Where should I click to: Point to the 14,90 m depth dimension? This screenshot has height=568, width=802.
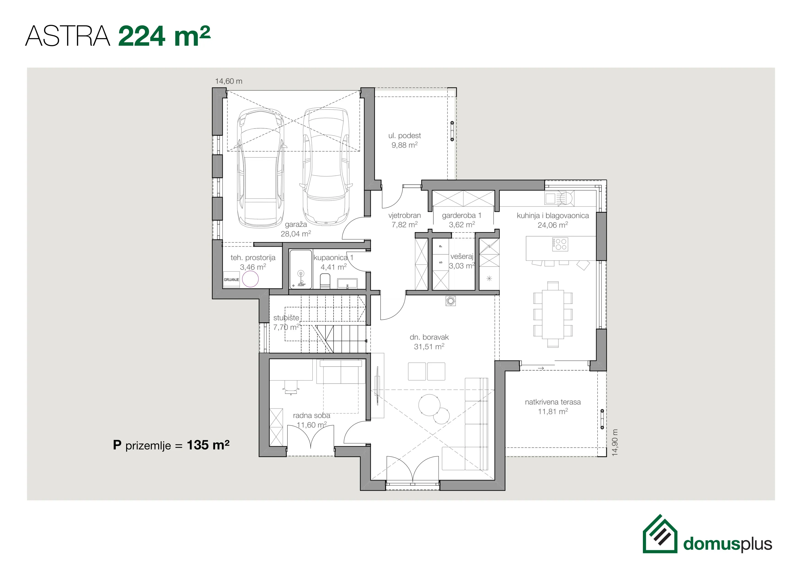click(x=615, y=443)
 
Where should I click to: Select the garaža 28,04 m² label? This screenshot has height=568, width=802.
click(x=296, y=229)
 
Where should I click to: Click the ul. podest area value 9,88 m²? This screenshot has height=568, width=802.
click(x=404, y=145)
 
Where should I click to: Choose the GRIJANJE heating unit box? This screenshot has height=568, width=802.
click(x=231, y=280)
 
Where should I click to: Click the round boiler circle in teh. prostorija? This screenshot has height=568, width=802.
click(x=250, y=279)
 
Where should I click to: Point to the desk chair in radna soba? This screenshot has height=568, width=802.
click(x=291, y=387)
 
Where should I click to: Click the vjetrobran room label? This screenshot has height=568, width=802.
click(x=404, y=215)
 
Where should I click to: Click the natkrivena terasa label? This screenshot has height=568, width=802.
click(x=553, y=402)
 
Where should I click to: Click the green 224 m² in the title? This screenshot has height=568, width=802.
click(x=164, y=36)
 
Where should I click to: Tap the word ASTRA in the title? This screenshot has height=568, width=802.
click(x=68, y=36)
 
